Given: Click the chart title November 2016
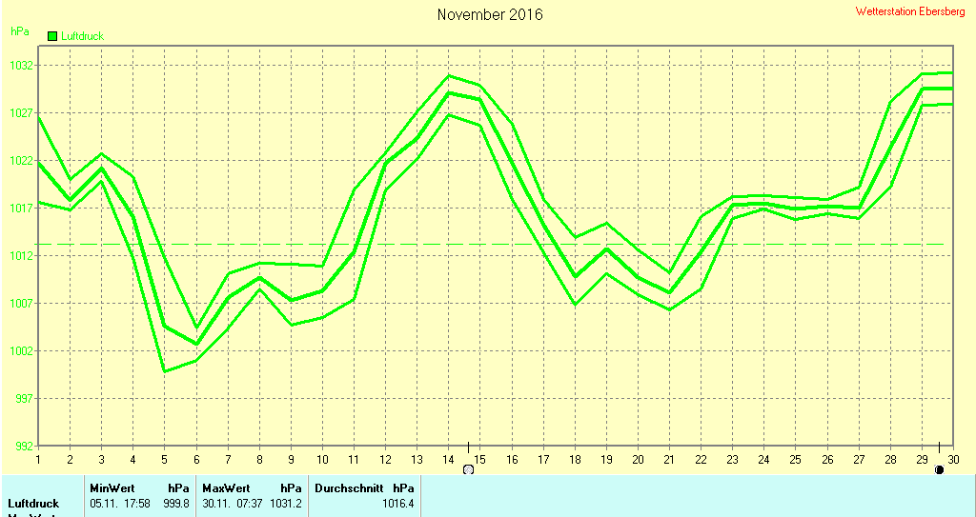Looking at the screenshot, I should (490, 14).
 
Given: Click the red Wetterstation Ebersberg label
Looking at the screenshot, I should (910, 11).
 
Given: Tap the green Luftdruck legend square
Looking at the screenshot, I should (52, 35).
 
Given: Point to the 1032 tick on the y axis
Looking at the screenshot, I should (23, 66).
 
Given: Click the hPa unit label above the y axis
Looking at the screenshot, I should (20, 31).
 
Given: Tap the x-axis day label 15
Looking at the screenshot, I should (479, 460).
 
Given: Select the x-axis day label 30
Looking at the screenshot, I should (953, 460).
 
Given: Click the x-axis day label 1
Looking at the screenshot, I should (38, 460).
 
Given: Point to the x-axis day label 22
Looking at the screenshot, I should (701, 460).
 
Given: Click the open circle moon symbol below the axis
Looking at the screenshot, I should (468, 469).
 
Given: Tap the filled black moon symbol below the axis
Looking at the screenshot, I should (940, 469).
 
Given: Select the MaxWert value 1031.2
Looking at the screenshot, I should (286, 503).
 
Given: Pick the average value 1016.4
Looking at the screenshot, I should (398, 503).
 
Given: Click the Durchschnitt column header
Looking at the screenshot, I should (349, 487).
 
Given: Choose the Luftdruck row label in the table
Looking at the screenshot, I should (33, 503).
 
